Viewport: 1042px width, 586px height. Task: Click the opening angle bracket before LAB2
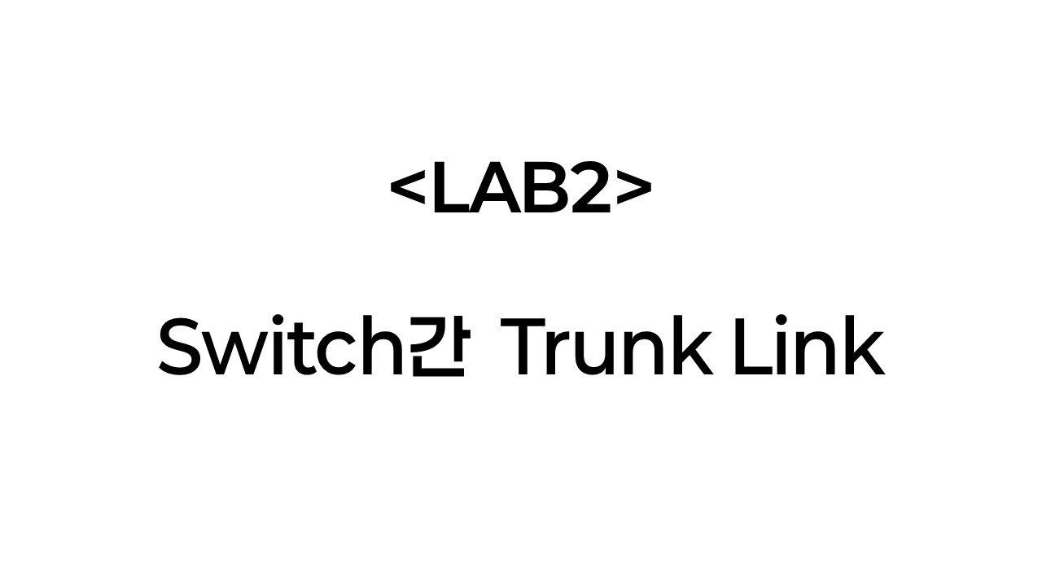[409, 189]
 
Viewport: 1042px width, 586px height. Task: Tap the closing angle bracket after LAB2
[633, 189]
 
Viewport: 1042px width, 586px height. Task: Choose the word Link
[808, 348]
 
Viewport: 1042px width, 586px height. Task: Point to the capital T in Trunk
[519, 348]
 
